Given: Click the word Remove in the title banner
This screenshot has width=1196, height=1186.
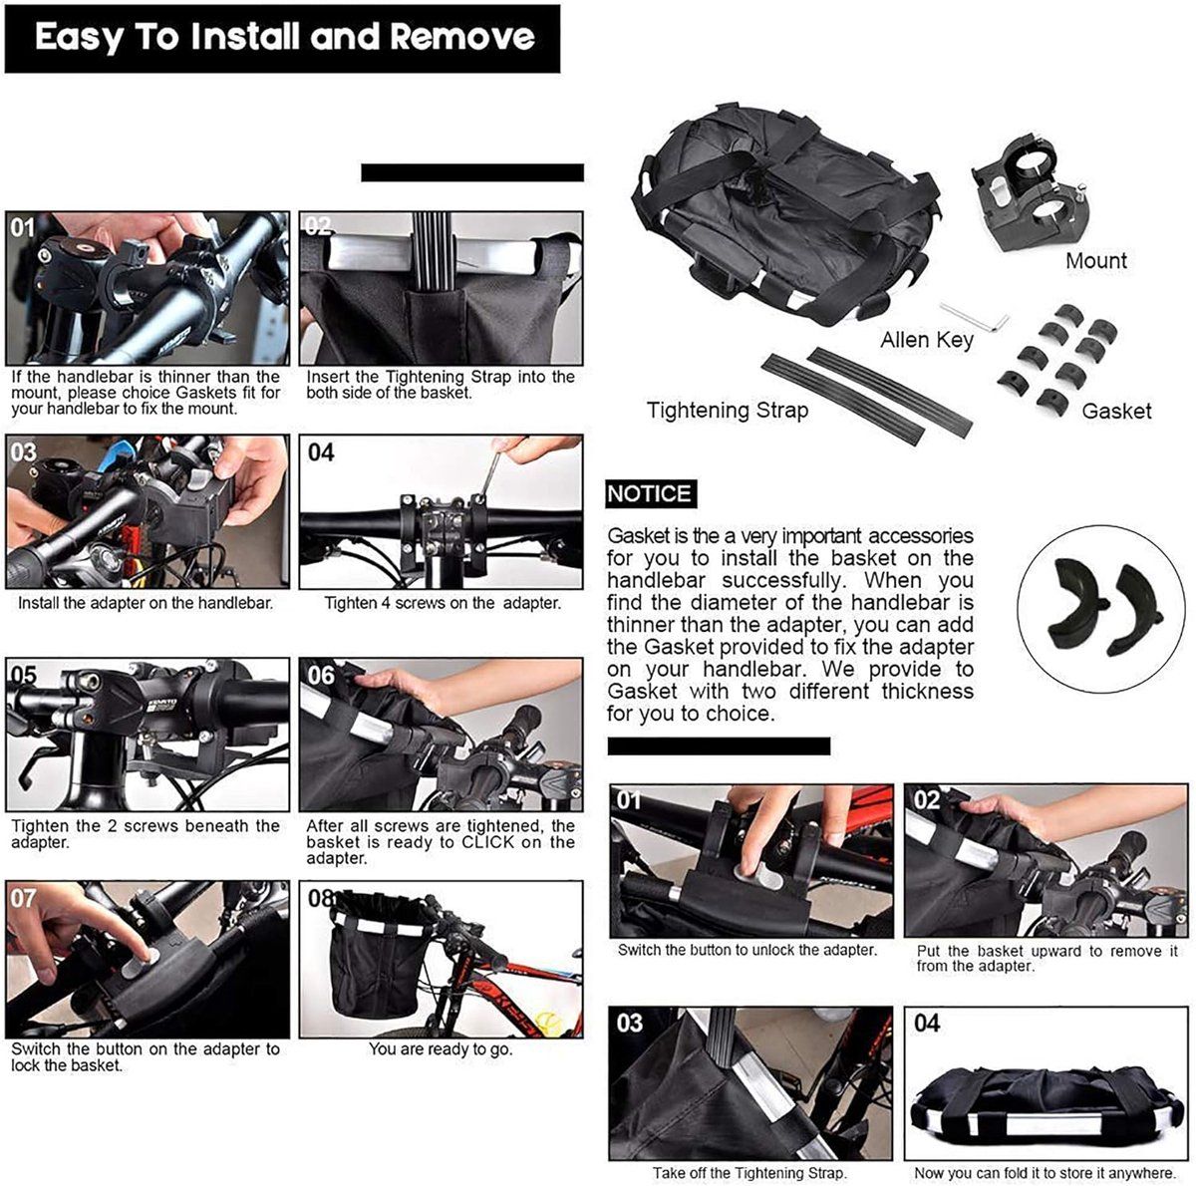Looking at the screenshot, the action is point(461,36).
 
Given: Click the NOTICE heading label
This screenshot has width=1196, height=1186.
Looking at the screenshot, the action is point(649,493).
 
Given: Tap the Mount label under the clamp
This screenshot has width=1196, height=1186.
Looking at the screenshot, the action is point(1096,261).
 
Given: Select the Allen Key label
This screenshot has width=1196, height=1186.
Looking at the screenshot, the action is point(927,340).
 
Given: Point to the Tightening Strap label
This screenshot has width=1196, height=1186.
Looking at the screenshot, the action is point(728,411).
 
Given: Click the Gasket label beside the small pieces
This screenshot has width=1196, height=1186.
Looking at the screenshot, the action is point(1116,411).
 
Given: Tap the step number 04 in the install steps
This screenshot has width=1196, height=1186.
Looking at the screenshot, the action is point(321,452).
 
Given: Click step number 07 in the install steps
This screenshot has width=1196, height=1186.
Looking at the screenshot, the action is point(23,899).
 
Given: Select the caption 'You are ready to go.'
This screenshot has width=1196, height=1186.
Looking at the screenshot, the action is point(441,1048).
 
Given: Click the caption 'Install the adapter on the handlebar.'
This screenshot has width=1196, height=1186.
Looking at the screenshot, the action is point(146,603).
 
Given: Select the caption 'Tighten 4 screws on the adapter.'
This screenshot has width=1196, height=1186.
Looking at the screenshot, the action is point(444,603).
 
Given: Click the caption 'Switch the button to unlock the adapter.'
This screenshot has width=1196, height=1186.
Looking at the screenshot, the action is point(747,950).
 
